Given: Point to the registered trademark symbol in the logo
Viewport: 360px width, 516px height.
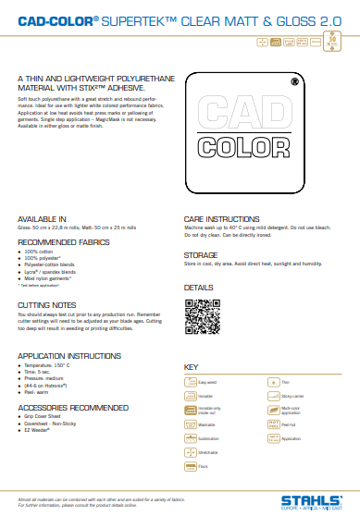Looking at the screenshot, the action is (294, 81).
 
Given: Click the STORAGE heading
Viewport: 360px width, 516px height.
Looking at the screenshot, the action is (200, 253).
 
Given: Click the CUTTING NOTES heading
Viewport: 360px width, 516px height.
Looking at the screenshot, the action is (46, 303).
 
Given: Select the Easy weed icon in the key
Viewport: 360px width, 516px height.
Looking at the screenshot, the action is (192, 381).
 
